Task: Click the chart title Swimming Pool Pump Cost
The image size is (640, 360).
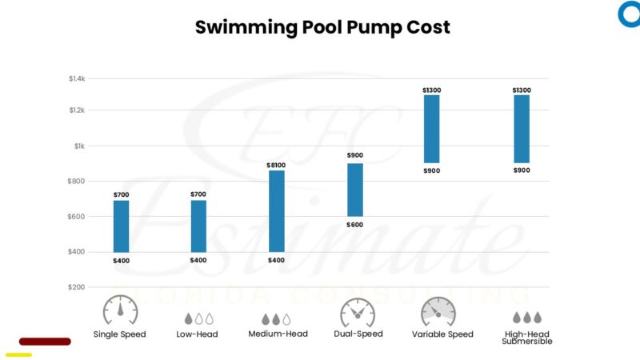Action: (323, 27)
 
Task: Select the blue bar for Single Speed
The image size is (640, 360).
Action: (121, 226)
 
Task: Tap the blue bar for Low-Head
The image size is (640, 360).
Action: (198, 226)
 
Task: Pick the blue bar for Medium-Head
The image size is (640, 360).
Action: (277, 211)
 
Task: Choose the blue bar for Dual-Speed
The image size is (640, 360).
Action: (354, 190)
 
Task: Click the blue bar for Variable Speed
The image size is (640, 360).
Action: (432, 129)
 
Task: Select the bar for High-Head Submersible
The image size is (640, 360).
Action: (522, 129)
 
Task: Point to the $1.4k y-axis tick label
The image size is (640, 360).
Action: (77, 78)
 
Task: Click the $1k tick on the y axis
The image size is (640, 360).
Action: (79, 146)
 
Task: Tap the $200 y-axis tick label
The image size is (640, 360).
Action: (77, 286)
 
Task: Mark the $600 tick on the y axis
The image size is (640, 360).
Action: (77, 217)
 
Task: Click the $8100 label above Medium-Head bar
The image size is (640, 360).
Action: (277, 165)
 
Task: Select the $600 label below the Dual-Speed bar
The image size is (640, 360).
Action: (354, 225)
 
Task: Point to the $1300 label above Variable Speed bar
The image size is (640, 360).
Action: (432, 90)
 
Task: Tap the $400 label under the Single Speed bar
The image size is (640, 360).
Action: (121, 261)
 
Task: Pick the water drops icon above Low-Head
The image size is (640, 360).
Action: (198, 318)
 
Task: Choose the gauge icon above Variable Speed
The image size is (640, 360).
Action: (438, 311)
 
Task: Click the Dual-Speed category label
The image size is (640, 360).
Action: (358, 334)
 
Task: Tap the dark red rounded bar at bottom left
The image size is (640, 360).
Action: (45, 342)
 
